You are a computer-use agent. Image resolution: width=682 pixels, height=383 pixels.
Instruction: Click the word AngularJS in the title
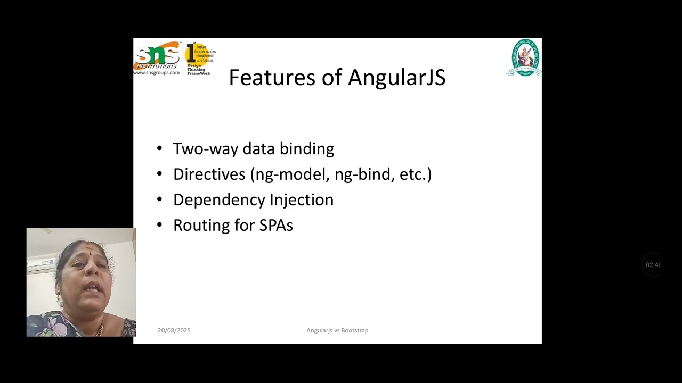click(x=397, y=78)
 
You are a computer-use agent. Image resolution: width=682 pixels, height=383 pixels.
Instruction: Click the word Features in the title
click(x=272, y=78)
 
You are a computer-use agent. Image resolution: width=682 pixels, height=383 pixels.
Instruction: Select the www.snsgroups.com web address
click(x=156, y=72)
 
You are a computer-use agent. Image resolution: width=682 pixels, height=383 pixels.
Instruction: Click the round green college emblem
click(x=524, y=57)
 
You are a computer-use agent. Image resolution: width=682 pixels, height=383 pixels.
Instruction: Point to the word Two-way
click(x=205, y=149)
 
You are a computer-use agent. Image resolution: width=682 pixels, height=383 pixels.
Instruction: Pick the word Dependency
click(x=219, y=200)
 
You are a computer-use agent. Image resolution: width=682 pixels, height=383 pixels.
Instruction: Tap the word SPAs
click(x=276, y=226)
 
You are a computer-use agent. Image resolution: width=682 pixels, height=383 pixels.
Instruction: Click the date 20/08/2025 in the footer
click(x=174, y=330)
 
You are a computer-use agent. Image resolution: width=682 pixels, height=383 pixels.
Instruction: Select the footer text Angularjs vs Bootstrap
click(x=337, y=330)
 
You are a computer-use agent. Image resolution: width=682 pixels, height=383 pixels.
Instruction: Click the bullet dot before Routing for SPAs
click(x=159, y=226)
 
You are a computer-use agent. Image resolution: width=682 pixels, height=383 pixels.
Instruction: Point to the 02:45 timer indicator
click(x=652, y=265)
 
